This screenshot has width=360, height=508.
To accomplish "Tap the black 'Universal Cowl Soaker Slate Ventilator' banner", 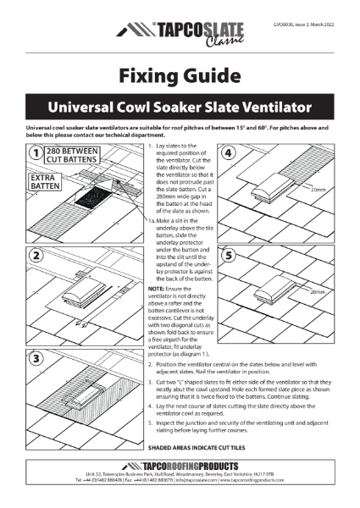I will click(x=180, y=109).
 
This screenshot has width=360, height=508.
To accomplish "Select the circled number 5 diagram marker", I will click(x=227, y=252).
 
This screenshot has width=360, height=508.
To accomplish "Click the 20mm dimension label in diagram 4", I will click(x=318, y=190).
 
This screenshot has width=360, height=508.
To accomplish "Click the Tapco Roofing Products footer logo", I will click(x=180, y=467).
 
